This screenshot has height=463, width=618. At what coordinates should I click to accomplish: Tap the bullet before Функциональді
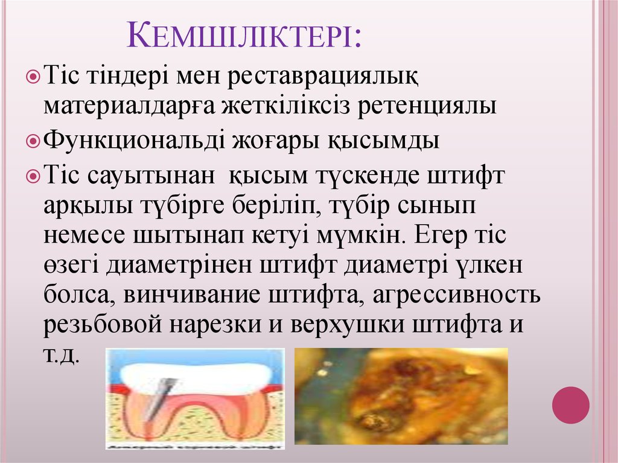tap(34, 142)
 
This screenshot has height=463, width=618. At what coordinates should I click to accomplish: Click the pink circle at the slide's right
tap(570, 404)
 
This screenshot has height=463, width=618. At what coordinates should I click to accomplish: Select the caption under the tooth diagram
tap(194, 445)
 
